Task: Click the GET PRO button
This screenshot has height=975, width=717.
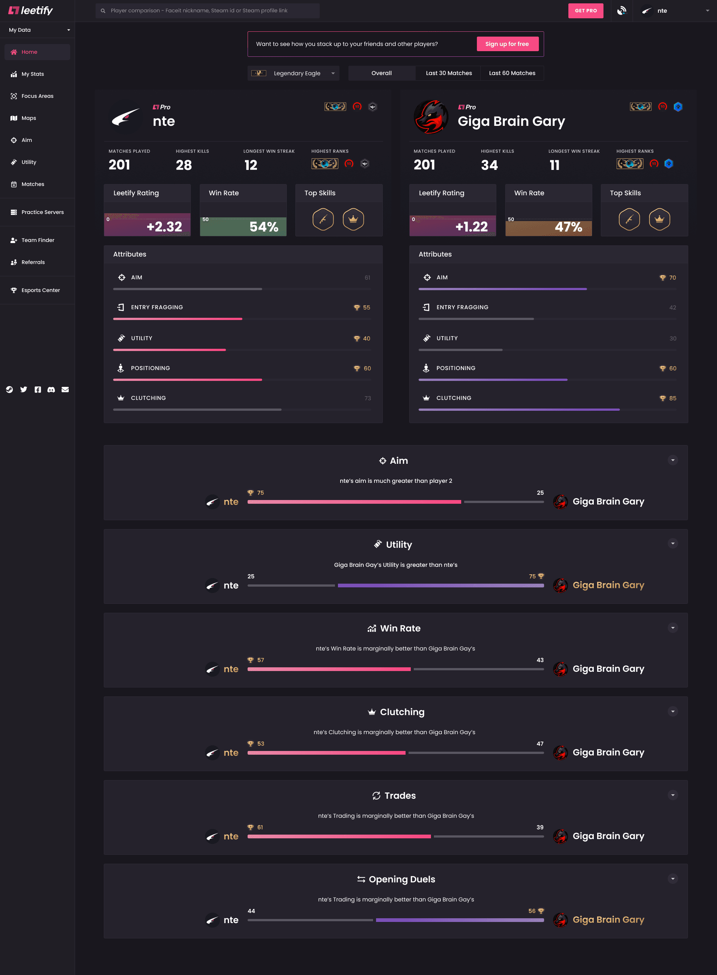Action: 586,11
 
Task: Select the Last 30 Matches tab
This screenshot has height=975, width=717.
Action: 448,73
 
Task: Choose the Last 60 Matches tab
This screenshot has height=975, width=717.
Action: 512,73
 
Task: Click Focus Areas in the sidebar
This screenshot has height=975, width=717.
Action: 37,96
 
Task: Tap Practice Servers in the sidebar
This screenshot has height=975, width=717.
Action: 42,212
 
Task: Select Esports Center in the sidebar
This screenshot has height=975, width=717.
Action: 40,290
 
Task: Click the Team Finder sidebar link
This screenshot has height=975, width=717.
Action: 38,240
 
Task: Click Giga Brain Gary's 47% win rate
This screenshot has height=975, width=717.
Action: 568,227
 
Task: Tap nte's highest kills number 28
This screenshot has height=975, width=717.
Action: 184,165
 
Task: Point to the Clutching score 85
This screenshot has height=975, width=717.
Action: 672,398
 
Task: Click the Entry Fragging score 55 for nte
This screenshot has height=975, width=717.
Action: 366,308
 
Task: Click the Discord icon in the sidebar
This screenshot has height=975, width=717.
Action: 51,389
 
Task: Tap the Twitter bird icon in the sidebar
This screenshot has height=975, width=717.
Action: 24,389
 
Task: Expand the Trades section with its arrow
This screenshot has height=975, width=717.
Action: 672,795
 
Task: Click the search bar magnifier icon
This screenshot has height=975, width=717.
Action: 103,11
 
